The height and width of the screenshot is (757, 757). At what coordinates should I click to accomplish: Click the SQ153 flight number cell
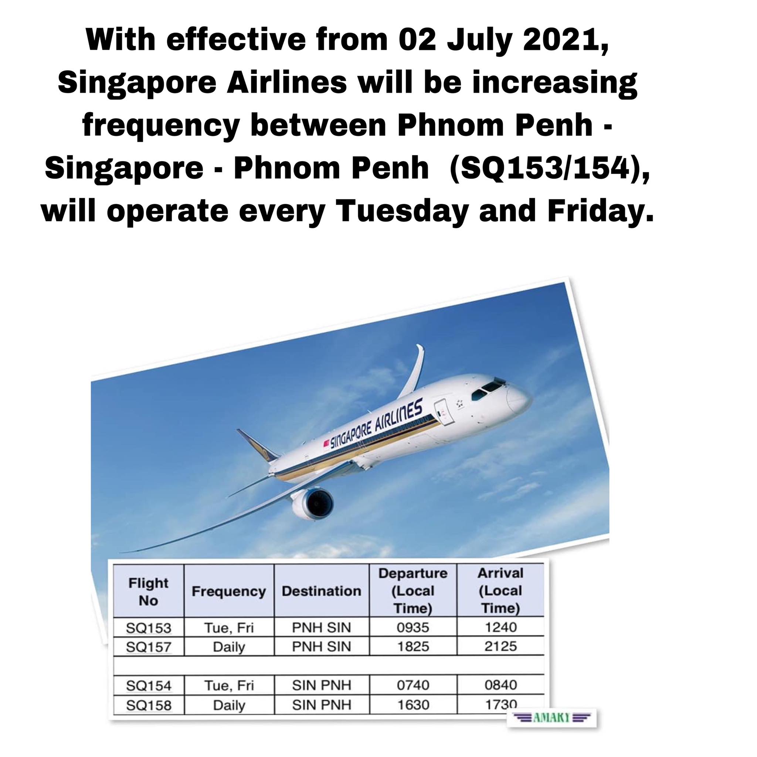point(149,628)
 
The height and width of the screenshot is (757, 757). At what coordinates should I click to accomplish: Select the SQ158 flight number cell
point(149,705)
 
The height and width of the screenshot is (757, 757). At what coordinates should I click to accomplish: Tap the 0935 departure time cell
point(413,627)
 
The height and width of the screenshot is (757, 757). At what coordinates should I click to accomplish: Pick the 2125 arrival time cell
point(500,646)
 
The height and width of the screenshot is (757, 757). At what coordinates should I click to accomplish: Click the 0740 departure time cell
point(413,685)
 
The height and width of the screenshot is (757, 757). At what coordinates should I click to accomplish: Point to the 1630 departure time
point(413,705)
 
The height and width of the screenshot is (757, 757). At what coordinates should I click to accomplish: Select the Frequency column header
point(229,591)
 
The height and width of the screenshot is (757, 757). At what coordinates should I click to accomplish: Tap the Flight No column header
point(149,592)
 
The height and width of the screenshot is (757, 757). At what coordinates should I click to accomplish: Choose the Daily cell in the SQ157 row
point(229,647)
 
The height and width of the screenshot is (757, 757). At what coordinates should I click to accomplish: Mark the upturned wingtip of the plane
point(419,354)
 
